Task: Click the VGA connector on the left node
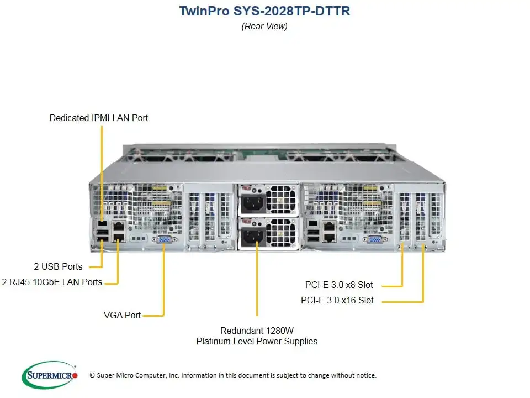[165, 239]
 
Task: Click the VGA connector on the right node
[374, 239]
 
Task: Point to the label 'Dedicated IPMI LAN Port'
[99, 118]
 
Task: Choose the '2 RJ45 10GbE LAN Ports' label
[52, 282]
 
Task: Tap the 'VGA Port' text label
[122, 315]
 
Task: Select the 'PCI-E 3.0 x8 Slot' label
[339, 285]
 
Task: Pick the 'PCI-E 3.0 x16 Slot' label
[337, 301]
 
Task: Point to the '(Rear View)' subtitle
[264, 26]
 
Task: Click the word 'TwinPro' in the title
[201, 11]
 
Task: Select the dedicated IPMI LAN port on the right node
[313, 223]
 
